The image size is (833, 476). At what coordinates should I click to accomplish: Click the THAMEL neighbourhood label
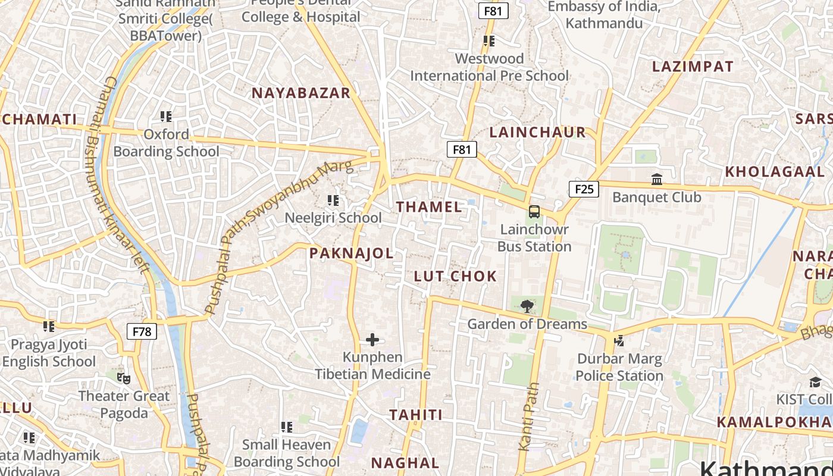click(x=429, y=207)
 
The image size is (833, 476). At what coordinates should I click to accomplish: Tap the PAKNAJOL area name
click(x=351, y=253)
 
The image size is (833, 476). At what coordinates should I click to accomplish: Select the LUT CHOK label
click(x=455, y=276)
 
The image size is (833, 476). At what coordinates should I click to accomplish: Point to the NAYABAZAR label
click(x=301, y=93)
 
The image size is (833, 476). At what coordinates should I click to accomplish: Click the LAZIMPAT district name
click(x=693, y=66)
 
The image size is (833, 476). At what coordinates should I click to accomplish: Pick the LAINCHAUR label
click(x=537, y=132)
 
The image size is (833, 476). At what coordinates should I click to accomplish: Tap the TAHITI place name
click(x=416, y=415)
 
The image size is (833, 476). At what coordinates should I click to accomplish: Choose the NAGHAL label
click(x=405, y=463)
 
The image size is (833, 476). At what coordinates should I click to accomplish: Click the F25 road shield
click(x=584, y=189)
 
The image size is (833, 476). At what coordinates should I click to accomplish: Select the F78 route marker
click(x=142, y=331)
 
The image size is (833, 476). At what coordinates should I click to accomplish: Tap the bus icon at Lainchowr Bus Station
click(x=534, y=212)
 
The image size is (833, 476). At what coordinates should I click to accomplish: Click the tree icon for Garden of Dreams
click(x=527, y=307)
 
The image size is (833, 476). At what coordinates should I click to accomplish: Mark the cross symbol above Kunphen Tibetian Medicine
click(x=372, y=340)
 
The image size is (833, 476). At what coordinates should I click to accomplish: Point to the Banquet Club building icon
click(x=657, y=179)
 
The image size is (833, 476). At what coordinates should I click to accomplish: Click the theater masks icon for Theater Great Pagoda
click(x=124, y=378)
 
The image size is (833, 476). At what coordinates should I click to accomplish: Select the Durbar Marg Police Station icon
click(x=619, y=341)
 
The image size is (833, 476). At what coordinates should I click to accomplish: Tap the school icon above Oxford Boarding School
click(x=166, y=117)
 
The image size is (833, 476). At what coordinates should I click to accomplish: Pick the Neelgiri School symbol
click(x=333, y=201)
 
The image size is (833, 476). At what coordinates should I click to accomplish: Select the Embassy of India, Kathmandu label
click(x=604, y=15)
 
